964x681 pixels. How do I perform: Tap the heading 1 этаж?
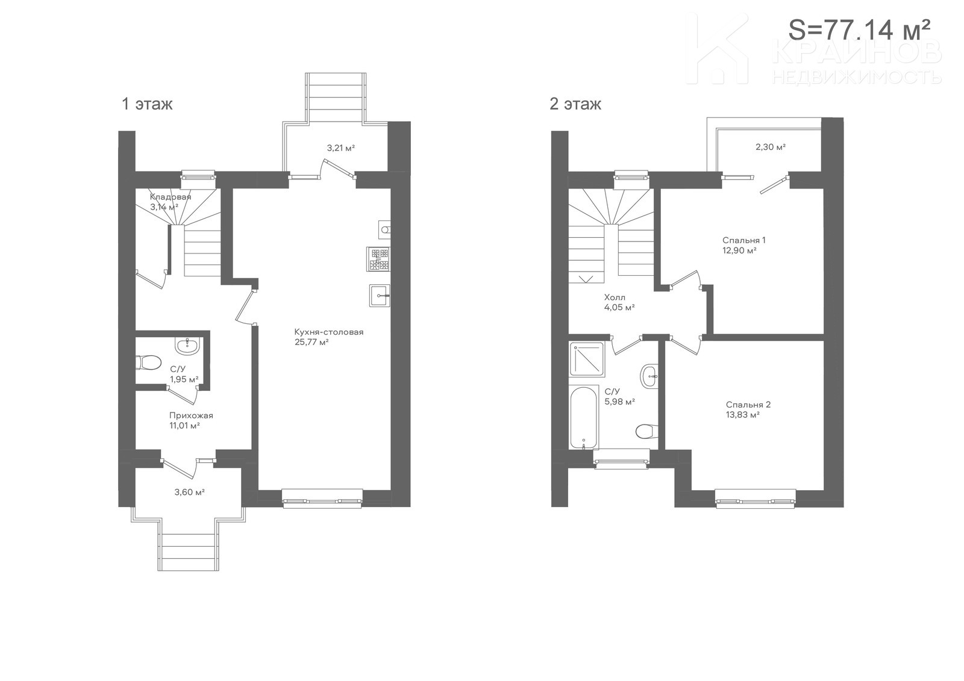(x=147, y=104)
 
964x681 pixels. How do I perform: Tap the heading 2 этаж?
(x=575, y=104)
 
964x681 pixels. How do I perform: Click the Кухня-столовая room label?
(x=329, y=332)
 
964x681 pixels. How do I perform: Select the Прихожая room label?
(x=191, y=415)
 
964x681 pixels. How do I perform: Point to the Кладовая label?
(x=171, y=197)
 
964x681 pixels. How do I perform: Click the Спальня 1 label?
(x=743, y=240)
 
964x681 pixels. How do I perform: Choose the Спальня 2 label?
(x=748, y=405)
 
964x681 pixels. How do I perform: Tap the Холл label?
(x=615, y=297)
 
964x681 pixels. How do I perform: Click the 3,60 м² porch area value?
(x=189, y=492)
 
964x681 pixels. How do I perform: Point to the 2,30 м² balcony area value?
(x=771, y=147)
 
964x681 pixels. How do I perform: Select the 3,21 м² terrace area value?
(x=341, y=148)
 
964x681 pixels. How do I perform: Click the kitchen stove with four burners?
(x=378, y=259)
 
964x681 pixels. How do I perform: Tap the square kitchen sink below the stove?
(x=380, y=296)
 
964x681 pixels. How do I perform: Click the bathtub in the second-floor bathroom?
(x=584, y=417)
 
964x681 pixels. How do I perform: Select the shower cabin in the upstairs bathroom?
(x=587, y=359)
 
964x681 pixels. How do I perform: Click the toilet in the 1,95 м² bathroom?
(x=148, y=362)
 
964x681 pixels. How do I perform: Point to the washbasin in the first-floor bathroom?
(x=187, y=345)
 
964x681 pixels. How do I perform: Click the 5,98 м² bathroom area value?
(x=620, y=402)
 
